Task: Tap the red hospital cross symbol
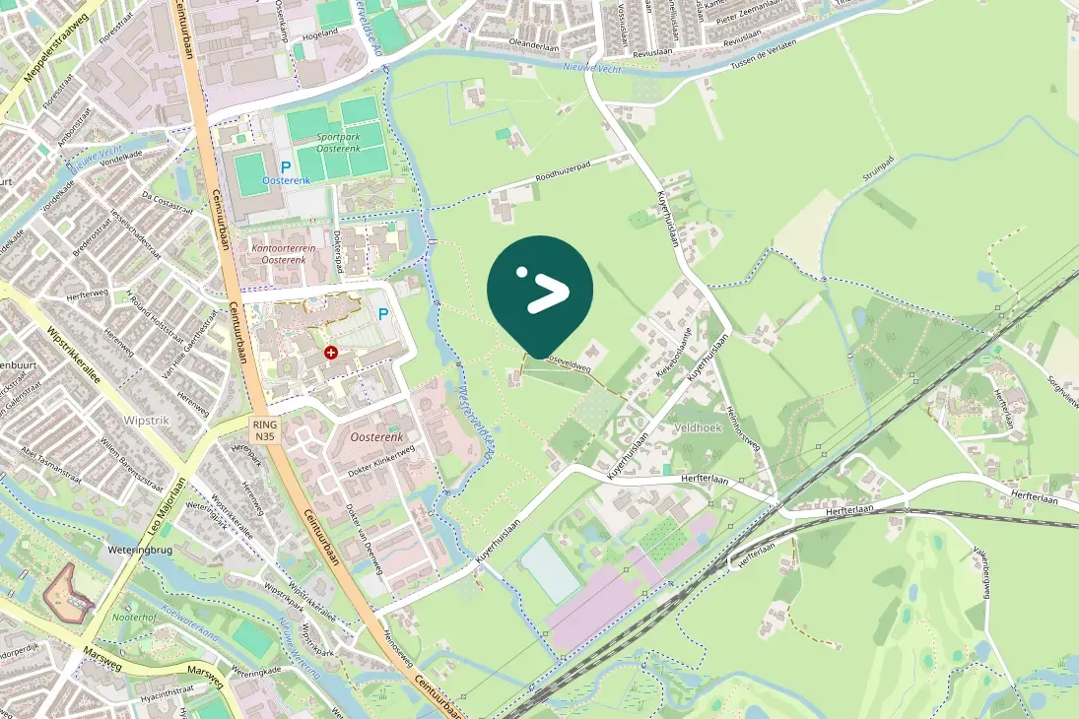pos(331,352)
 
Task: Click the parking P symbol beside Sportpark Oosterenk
pos(285,167)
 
